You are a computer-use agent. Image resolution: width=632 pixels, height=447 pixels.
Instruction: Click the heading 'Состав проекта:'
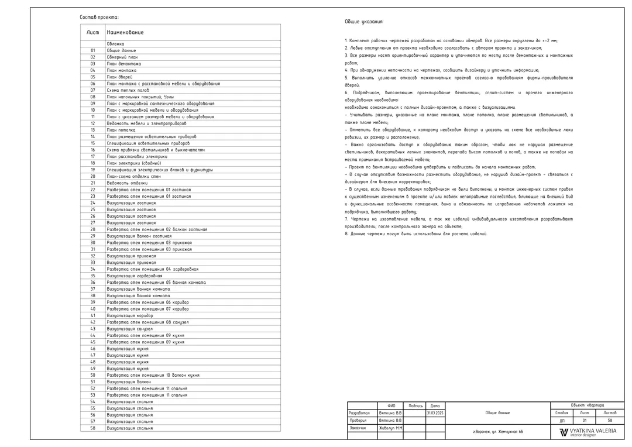coord(99,18)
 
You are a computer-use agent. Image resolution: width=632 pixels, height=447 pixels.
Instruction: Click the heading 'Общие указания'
coord(364,22)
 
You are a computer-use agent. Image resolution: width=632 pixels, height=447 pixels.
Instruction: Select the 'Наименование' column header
coord(125,32)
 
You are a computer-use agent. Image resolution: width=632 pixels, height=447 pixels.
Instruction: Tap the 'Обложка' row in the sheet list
coord(115,44)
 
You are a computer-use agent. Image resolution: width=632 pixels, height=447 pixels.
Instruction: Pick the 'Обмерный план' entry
coord(122,57)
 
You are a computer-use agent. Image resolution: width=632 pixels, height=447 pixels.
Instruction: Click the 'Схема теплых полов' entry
coord(128,90)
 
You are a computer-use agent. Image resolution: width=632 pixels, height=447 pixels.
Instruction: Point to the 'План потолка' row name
coord(121,130)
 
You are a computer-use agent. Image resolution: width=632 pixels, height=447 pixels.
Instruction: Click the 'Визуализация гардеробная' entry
coord(135,276)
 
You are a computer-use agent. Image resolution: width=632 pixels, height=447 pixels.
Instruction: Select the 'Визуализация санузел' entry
coord(129,329)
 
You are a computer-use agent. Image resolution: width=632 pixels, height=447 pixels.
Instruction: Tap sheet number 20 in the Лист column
coord(92,176)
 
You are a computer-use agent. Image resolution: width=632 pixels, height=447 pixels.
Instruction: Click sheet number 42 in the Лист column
coord(92,322)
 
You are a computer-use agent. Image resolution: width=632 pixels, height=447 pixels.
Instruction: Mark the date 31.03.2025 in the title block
coord(435,413)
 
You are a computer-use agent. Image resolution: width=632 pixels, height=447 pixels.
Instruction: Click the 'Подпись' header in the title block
coord(415,405)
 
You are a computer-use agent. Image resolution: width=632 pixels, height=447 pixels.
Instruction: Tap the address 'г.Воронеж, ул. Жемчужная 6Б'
coord(498,432)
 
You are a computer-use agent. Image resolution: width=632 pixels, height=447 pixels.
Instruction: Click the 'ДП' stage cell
coord(562,421)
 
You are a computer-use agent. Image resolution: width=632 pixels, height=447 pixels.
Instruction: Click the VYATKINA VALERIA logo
coord(588,432)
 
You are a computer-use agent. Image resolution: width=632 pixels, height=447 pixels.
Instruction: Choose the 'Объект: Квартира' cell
coord(588,405)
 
